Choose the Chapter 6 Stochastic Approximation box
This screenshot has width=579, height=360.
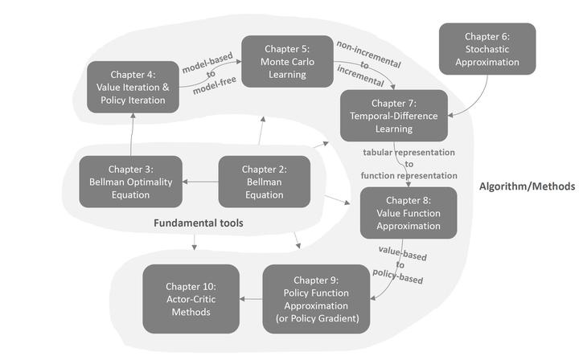[487, 49]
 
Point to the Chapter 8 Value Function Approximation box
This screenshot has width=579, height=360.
[409, 212]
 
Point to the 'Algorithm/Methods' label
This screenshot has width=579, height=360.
[527, 186]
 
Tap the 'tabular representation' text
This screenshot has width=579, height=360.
[409, 152]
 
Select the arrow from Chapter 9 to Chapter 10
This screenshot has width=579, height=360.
[252, 300]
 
